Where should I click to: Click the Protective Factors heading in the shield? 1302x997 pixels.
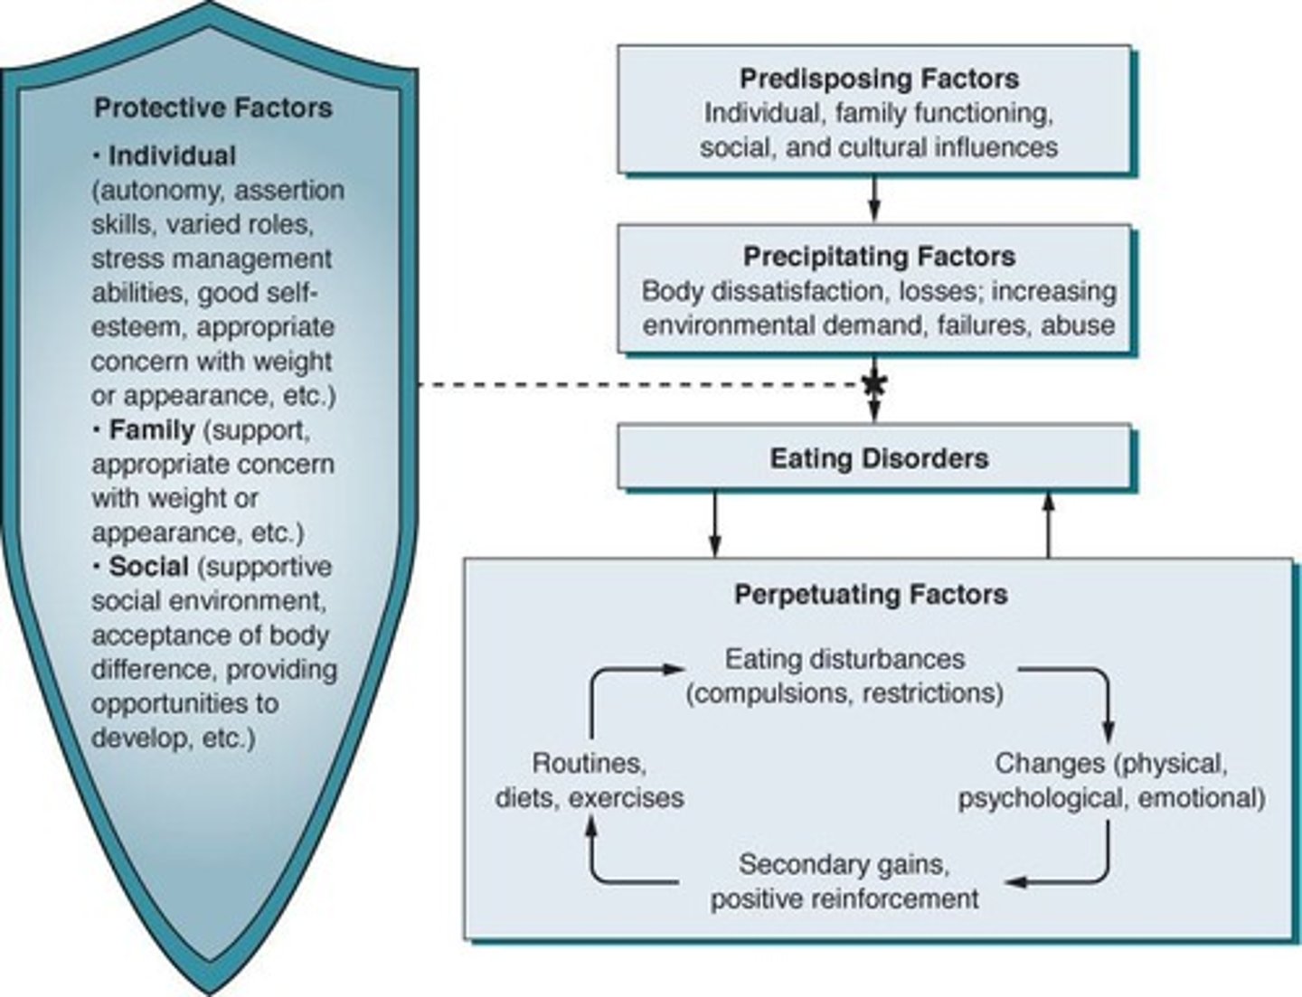[213, 108]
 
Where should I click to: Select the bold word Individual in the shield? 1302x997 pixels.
[172, 155]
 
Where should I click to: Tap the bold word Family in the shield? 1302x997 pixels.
[151, 429]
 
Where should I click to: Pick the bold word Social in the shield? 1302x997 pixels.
[148, 567]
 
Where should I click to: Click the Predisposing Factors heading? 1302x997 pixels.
[879, 79]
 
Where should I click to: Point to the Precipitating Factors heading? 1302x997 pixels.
[879, 257]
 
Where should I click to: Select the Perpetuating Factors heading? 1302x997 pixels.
[871, 595]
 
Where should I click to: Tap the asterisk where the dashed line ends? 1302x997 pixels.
[873, 384]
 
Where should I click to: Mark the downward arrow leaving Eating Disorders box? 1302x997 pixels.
[715, 524]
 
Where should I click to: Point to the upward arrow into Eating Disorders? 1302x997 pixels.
[1049, 524]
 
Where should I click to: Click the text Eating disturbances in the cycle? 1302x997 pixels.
[844, 659]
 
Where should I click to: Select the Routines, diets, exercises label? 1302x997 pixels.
[589, 781]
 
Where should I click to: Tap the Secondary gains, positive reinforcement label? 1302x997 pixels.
[844, 881]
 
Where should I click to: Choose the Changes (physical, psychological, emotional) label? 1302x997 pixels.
[1111, 781]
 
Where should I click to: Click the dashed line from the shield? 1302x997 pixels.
[633, 385]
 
